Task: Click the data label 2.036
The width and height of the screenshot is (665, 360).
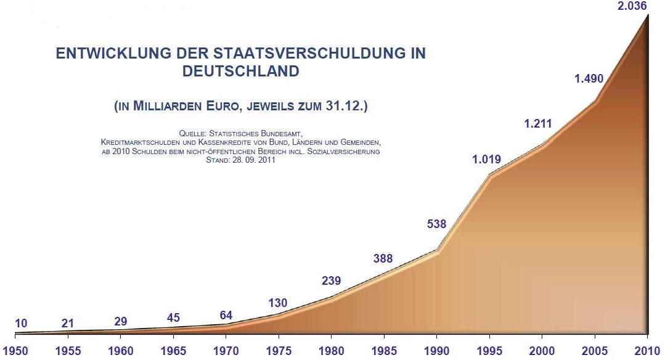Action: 638,6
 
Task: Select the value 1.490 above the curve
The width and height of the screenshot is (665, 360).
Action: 589,79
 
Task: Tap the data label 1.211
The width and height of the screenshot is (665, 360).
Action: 538,124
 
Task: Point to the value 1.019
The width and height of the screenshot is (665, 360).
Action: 486,160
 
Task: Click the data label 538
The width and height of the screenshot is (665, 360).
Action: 436,224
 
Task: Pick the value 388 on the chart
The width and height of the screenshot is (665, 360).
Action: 383,259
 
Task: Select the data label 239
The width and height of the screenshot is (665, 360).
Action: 332,281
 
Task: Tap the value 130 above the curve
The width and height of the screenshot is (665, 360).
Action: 279,303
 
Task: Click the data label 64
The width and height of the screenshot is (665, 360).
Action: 227,316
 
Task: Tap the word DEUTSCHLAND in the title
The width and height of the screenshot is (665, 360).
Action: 241,72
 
